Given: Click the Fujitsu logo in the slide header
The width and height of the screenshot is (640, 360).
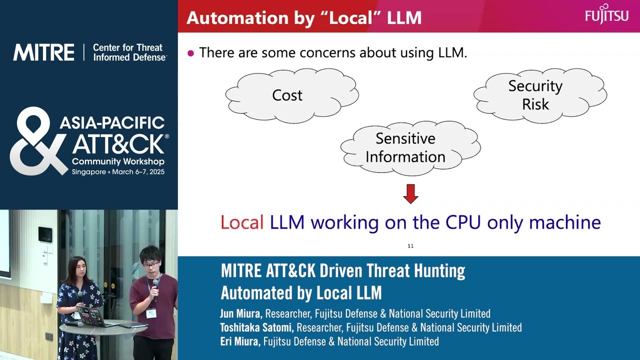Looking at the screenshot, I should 606,13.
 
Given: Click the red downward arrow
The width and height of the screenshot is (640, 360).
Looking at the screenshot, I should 410,193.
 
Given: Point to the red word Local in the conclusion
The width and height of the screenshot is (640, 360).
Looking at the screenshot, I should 242,222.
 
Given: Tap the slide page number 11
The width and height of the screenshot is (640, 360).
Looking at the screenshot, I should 410,246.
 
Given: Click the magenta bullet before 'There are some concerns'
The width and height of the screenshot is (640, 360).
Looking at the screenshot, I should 190,53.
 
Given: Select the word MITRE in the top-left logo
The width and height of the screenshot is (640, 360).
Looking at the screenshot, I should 43,52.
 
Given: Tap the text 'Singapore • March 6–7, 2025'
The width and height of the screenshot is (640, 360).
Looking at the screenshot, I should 118,172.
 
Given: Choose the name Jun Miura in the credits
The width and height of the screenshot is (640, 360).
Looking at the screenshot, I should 240,314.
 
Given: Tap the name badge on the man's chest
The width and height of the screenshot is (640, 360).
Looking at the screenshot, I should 150,313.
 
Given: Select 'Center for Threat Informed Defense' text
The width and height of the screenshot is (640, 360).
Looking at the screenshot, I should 129,52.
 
